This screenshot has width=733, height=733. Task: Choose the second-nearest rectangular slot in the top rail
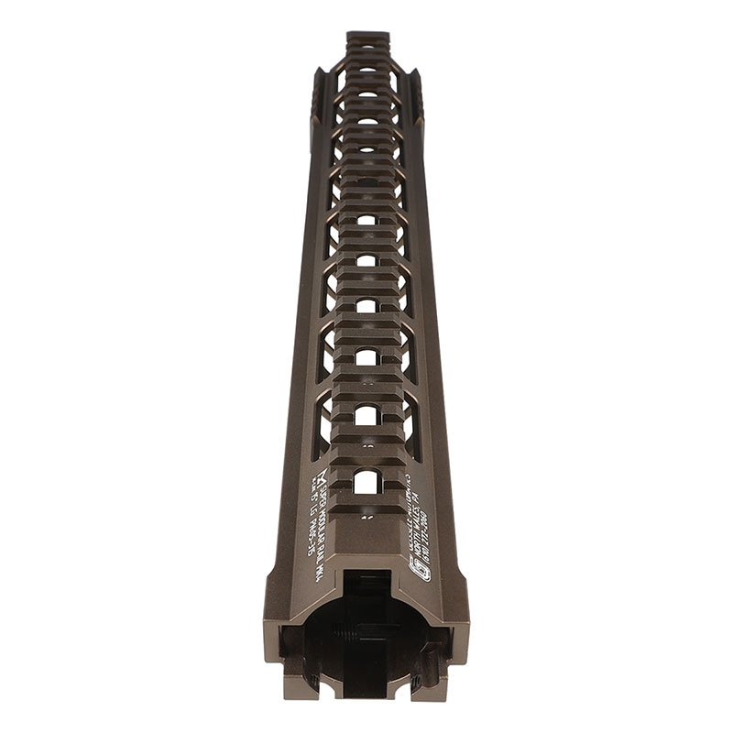click(x=366, y=415)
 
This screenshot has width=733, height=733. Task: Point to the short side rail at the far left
click(x=318, y=92)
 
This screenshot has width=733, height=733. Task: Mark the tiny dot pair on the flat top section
click(x=366, y=517)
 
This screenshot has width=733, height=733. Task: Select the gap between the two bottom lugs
click(x=366, y=692)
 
